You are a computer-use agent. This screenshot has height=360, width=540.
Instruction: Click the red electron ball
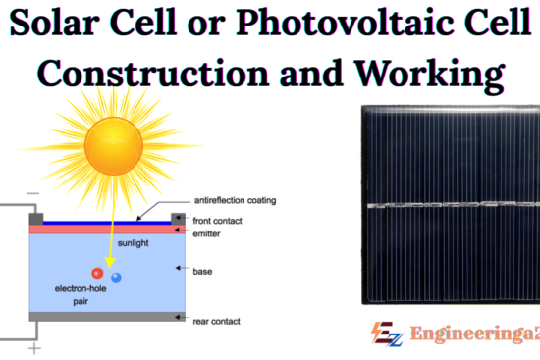coord(97,273)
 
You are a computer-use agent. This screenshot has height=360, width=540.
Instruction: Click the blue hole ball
coord(117,279)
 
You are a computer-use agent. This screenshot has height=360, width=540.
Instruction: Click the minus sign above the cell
coord(33,194)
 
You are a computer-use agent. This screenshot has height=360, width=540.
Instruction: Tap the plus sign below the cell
coord(33,348)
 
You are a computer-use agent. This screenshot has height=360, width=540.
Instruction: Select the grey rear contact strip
coord(103,317)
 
